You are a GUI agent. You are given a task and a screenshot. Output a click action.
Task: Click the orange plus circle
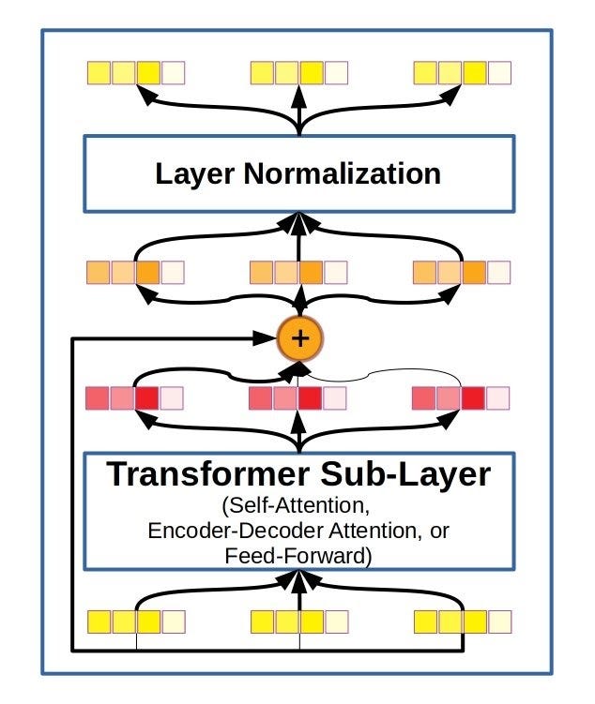coord(299,338)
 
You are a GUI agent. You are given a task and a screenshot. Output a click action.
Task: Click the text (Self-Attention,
coord(298,507)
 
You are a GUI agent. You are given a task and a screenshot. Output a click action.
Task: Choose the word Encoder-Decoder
coord(240,532)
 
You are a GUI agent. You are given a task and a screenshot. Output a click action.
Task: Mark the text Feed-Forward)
coord(298,555)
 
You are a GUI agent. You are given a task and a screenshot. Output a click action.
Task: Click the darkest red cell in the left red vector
coord(147,398)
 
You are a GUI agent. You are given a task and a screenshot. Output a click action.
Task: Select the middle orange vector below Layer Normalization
coord(298,273)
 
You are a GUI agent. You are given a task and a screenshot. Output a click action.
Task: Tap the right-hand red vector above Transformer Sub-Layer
coord(462,398)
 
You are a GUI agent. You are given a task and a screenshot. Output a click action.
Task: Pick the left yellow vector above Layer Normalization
coord(135,72)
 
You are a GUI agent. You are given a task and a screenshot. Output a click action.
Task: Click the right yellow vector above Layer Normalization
coord(462,72)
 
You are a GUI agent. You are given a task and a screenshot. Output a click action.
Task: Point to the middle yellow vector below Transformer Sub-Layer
coord(298,621)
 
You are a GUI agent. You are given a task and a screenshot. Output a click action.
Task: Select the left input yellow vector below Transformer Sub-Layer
coord(135,621)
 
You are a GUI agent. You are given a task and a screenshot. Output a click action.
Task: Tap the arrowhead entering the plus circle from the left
coord(270,338)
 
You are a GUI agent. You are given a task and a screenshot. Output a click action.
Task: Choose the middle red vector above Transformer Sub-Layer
coord(298,398)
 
